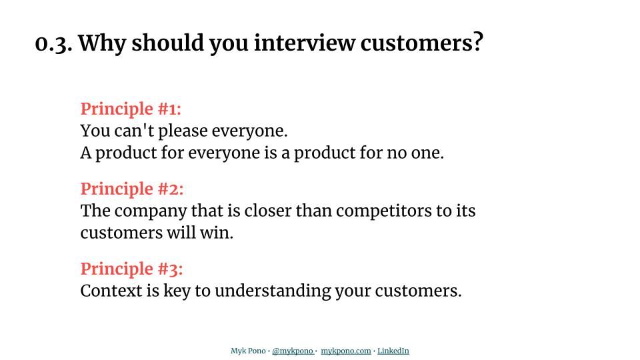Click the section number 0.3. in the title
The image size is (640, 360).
[x=53, y=43]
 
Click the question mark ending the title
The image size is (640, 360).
[x=477, y=43]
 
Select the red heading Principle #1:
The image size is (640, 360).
[x=131, y=109]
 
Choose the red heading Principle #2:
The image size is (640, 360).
[x=132, y=189]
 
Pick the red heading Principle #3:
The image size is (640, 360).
[x=131, y=269]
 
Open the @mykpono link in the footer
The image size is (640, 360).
[x=293, y=351]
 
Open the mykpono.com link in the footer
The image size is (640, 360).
[x=345, y=351]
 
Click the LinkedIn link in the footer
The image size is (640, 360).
[x=393, y=351]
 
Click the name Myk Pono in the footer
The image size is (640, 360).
[x=248, y=351]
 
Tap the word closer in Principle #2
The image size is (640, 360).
[x=268, y=211]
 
